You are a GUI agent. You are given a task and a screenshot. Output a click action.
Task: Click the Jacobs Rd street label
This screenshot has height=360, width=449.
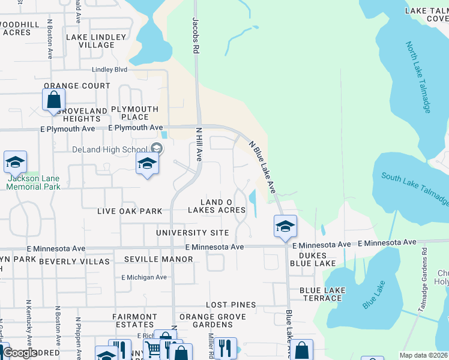[196, 36]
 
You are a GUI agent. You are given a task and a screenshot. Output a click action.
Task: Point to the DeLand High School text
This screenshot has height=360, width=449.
[109, 149]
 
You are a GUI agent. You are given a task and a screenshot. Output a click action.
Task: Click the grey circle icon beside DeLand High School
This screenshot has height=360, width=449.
[156, 149]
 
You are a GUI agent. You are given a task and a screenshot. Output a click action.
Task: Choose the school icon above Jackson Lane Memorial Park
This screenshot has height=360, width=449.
[15, 162]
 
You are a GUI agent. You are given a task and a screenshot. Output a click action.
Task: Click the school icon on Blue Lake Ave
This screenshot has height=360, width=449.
[285, 226]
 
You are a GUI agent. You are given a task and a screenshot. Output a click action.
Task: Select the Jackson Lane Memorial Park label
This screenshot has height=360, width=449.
[34, 182]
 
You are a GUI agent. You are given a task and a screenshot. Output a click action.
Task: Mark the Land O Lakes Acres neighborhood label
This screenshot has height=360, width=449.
[217, 206]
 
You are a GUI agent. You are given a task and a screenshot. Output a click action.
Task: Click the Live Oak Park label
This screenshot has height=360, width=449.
[130, 211]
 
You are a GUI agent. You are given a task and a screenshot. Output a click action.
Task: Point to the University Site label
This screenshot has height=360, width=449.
[192, 232]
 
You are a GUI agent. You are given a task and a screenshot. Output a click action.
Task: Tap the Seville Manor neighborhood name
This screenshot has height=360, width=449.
[158, 259]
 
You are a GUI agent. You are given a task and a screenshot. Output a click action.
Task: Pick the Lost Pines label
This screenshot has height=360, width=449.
[231, 305]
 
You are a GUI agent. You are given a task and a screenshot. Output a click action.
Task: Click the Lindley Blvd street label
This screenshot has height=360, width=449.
[109, 70]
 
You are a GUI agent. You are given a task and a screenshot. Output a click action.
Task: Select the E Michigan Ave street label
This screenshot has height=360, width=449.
[144, 277]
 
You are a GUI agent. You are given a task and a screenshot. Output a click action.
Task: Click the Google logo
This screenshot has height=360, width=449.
[19, 353]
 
